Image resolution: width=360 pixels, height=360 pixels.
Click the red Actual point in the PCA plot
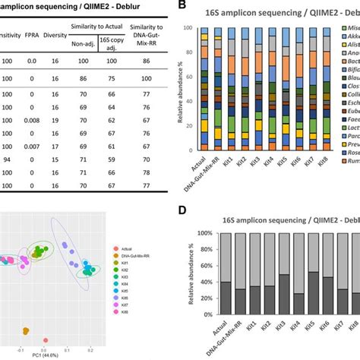tap(46, 341)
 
